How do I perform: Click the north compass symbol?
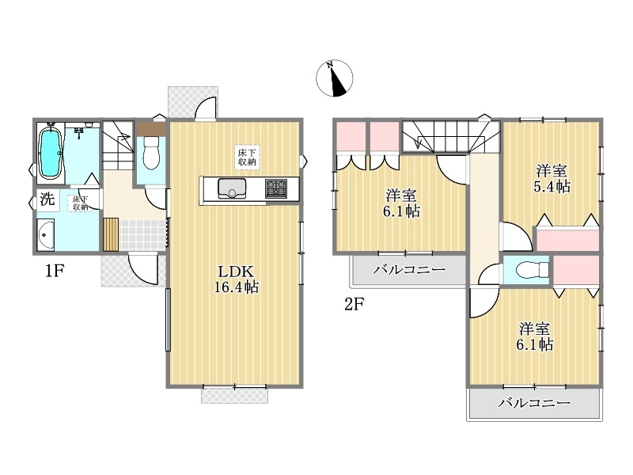tap(334, 78)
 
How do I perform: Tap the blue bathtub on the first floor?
tap(50, 152)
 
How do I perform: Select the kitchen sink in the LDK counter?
tap(232, 188)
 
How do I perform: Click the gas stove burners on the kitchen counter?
tap(276, 188)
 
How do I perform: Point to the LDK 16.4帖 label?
tap(236, 279)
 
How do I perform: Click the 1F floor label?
tap(55, 271)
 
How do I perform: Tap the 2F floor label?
tap(354, 304)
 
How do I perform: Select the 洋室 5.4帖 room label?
tap(552, 179)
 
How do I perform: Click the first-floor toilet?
tap(151, 153)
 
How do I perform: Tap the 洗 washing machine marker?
tap(47, 199)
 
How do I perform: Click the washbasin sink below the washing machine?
tap(46, 235)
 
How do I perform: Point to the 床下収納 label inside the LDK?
tap(247, 158)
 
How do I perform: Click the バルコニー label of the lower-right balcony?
tap(534, 402)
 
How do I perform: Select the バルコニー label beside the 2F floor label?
tap(409, 269)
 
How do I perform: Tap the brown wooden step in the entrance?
tap(111, 234)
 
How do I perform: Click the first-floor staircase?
tap(117, 145)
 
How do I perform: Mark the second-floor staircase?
tap(451, 136)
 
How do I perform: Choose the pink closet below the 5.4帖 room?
tap(567, 241)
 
